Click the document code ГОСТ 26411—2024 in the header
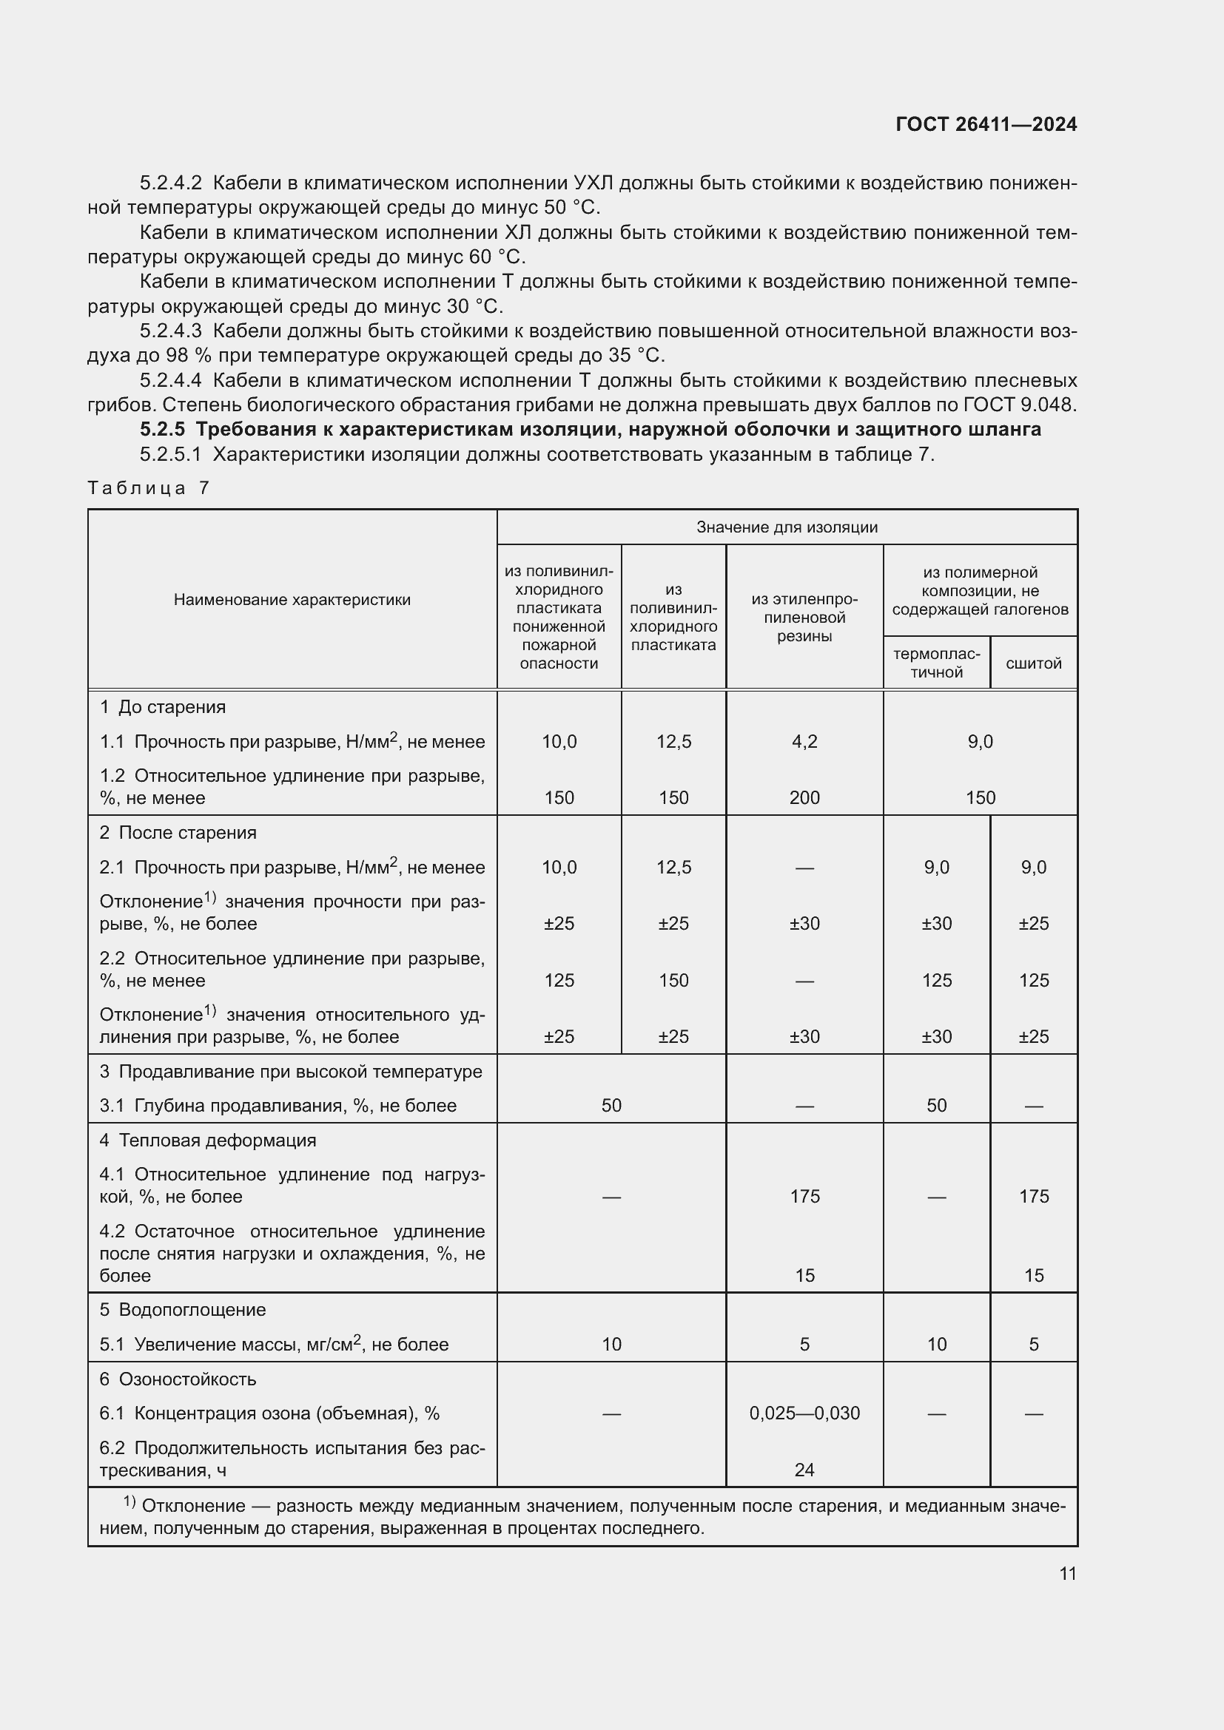986,124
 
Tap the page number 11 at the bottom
1067,1573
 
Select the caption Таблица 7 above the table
148,487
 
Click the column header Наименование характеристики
292,600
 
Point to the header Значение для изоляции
786,527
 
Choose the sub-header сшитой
1033,663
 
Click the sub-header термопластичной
936,663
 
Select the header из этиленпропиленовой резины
804,617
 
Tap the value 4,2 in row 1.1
804,741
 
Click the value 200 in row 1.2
804,797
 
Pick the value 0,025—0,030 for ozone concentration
804,1413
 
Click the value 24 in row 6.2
804,1470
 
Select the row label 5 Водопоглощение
182,1310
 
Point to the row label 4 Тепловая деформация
207,1140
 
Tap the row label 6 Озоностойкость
178,1379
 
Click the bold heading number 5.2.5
162,430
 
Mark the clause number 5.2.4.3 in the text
170,331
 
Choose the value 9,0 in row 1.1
980,741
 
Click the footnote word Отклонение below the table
193,1506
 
